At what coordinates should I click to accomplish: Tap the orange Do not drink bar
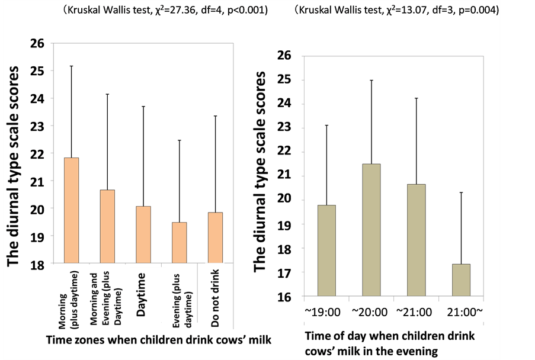pos(215,237)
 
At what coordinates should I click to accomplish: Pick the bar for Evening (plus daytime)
pos(179,242)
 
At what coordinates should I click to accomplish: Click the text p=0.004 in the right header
pos(474,10)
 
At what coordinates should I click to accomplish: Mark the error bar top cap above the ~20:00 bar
pos(371,80)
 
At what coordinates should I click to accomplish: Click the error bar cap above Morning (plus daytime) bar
pos(72,66)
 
